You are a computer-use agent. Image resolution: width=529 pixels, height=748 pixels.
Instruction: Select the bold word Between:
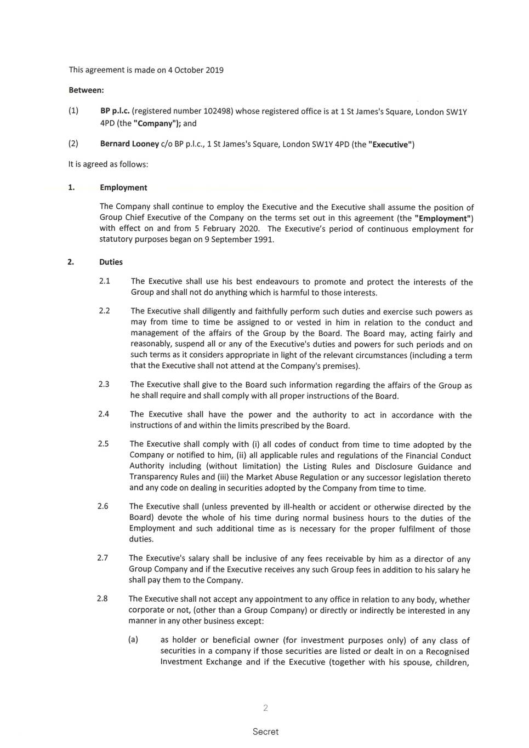(86, 90)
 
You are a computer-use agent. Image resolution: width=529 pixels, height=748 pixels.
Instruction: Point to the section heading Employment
(123, 187)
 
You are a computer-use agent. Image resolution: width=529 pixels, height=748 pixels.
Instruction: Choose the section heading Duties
(111, 262)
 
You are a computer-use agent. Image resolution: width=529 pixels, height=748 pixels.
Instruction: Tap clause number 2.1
(104, 281)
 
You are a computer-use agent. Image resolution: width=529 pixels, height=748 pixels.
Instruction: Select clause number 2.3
(104, 384)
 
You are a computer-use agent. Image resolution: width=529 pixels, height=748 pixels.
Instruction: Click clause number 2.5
(103, 444)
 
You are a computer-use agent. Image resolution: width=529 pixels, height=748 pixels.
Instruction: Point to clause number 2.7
(103, 558)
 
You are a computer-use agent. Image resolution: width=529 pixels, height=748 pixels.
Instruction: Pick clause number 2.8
(103, 598)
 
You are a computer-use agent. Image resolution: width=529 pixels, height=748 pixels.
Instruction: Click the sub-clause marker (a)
(133, 639)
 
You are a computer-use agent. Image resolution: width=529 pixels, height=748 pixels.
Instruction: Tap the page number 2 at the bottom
(265, 708)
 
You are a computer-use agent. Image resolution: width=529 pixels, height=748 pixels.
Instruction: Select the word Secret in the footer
(265, 732)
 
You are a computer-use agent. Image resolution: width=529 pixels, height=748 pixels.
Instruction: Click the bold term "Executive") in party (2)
(391, 145)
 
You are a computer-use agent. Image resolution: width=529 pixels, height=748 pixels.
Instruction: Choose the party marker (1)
(73, 111)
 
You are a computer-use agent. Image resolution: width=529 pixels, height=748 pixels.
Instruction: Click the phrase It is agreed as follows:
(108, 164)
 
